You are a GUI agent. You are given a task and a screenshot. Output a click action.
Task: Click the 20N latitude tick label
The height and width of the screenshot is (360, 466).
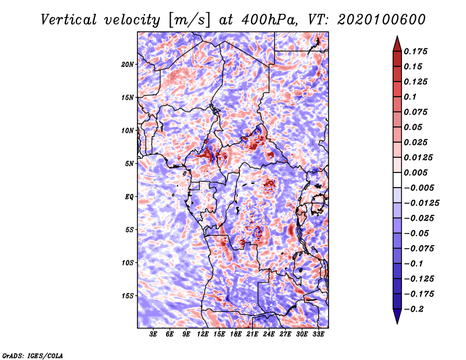[128, 65]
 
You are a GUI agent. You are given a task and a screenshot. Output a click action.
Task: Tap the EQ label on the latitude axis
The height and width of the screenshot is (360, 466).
[129, 197]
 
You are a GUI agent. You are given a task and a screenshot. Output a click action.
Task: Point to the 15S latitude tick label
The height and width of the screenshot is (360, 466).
[128, 296]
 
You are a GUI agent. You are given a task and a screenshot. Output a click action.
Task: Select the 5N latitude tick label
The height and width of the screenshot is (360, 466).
[129, 164]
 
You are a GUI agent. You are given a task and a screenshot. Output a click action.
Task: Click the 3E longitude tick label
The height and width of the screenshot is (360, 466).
[153, 334]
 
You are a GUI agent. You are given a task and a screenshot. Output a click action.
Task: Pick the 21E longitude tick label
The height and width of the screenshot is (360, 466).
[252, 334]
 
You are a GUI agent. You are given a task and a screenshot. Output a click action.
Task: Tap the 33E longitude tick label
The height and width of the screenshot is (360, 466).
[318, 334]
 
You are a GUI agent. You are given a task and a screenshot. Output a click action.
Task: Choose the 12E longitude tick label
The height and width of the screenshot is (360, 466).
[203, 334]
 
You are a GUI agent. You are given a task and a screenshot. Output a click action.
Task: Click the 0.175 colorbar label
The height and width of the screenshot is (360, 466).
[415, 51]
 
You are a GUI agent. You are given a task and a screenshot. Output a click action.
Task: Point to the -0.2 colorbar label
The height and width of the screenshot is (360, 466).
[414, 309]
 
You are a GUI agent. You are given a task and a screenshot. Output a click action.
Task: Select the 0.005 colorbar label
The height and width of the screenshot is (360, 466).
[415, 172]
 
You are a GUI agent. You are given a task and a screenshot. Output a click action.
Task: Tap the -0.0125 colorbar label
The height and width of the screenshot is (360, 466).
[421, 203]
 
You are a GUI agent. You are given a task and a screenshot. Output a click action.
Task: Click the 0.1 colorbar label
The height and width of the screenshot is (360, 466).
[410, 97]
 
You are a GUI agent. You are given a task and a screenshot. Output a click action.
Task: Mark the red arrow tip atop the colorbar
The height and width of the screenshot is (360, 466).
[397, 36]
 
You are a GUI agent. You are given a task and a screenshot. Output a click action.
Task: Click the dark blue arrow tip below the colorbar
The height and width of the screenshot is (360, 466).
[397, 323]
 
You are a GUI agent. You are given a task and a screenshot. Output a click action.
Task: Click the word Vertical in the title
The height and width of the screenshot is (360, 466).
[69, 20]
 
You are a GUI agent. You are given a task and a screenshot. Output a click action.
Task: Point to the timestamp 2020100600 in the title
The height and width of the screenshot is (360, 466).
[382, 20]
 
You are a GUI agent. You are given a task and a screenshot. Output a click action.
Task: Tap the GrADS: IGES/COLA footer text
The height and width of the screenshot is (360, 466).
[33, 355]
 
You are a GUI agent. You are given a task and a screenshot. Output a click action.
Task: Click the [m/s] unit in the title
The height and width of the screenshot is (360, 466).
[189, 20]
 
